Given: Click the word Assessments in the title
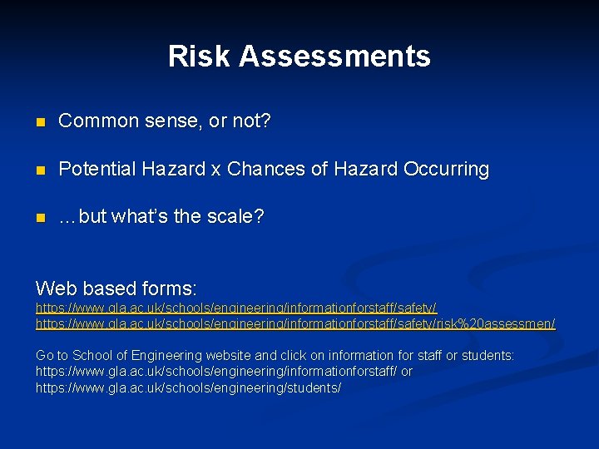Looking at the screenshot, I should (x=334, y=57).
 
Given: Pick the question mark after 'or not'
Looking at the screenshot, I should (x=265, y=121).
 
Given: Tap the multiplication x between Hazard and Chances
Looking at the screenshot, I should (x=215, y=170).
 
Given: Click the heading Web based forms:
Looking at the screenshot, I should (x=116, y=289).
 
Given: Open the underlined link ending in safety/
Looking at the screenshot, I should (x=235, y=308).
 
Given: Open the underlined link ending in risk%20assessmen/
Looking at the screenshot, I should (x=295, y=323).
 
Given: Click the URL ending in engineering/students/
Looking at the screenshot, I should (x=188, y=388).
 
